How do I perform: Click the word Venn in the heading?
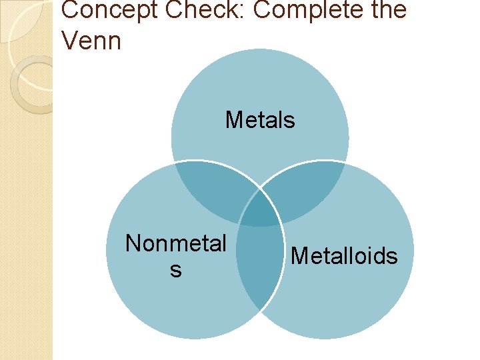click(91, 41)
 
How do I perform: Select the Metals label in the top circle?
click(260, 120)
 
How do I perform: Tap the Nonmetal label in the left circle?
click(176, 244)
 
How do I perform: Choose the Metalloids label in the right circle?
click(345, 256)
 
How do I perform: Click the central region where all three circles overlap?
click(260, 209)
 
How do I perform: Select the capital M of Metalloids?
click(299, 256)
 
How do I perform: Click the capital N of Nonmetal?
click(133, 244)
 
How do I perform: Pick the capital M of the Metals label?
click(234, 120)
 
